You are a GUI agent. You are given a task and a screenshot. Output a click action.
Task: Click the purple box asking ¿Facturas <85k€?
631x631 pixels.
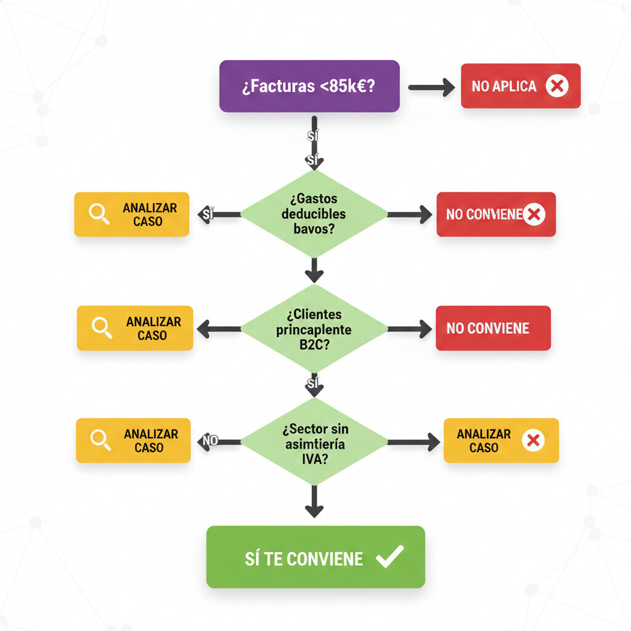[x=309, y=86]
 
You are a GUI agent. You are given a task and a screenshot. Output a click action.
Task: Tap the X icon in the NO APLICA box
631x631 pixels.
[x=557, y=86]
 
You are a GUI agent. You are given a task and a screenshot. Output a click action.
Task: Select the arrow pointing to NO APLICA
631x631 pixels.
[x=431, y=87]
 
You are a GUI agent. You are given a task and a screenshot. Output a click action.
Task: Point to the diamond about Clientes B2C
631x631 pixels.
[x=314, y=329]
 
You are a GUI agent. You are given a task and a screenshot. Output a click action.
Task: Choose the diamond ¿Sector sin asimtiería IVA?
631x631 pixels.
[x=314, y=441]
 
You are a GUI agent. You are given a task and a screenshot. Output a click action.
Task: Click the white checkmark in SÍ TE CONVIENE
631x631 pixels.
[x=389, y=557]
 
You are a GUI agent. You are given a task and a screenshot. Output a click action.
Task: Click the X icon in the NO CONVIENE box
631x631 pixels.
[x=534, y=214]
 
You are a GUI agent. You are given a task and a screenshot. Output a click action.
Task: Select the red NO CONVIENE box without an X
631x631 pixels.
[x=493, y=328]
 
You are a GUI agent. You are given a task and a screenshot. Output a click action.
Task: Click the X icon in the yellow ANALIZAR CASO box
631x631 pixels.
[x=534, y=441]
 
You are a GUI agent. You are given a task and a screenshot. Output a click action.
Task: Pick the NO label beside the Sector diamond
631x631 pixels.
[x=210, y=441]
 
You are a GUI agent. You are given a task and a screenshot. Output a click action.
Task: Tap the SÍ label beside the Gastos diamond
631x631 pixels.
[x=208, y=214]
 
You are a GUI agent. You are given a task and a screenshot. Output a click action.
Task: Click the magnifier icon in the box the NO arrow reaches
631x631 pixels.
[x=100, y=439]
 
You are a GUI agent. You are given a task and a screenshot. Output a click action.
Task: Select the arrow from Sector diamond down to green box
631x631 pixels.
[x=314, y=500]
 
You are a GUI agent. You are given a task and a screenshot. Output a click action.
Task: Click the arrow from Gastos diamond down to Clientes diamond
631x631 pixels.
[x=314, y=270]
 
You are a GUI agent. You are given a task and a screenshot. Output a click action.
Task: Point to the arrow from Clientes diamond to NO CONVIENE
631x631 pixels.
[x=409, y=329]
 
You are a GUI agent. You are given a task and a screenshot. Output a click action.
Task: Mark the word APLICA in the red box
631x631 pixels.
[x=515, y=86]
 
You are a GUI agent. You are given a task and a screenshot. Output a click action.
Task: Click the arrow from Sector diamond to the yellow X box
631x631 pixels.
[x=413, y=441]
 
